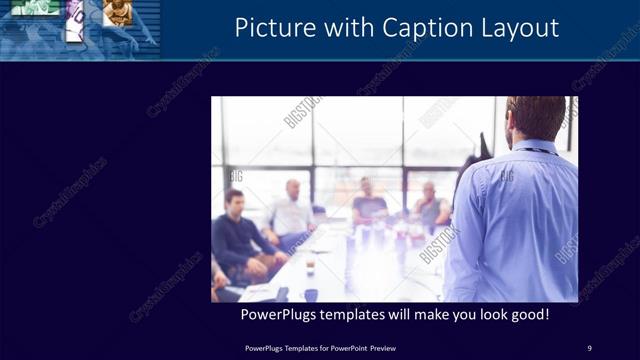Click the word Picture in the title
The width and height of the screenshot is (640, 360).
tap(268, 27)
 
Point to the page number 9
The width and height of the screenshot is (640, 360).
tap(589, 348)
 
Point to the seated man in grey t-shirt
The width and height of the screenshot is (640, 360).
tap(369, 205)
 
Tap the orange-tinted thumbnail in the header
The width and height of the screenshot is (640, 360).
tap(118, 11)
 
